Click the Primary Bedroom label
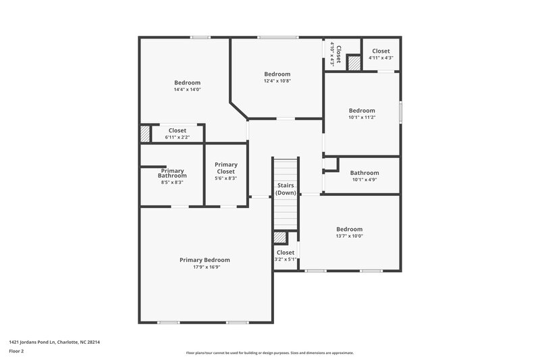pos(205,260)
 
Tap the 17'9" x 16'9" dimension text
pos(205,267)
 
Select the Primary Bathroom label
pos(172,173)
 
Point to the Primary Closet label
pos(226,168)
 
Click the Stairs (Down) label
pos(286,189)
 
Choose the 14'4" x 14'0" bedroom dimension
pos(187,89)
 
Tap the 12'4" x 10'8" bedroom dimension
pos(277,81)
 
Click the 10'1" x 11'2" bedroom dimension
pos(362,118)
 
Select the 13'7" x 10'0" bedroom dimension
pos(350,236)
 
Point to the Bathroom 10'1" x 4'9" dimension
pos(364,180)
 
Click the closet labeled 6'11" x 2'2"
pos(178,137)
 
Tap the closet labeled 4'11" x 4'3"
pos(381,58)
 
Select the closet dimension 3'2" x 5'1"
pos(286,259)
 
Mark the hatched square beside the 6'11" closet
pos(145,134)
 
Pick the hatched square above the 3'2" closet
pos(280,237)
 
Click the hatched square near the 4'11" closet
pos(354,62)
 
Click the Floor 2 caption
pos(17,352)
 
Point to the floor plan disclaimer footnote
pos(270,353)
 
